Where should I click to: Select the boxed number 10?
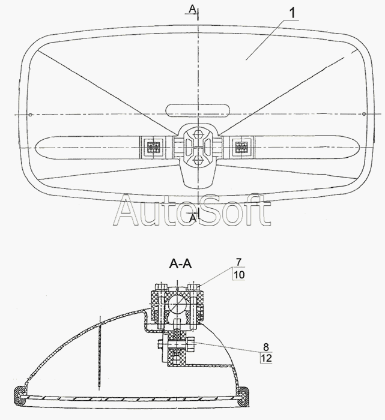[239, 274]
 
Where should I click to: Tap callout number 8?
[265, 346]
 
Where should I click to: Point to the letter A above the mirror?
[191, 8]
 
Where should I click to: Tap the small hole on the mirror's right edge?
[365, 115]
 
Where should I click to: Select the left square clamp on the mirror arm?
[153, 146]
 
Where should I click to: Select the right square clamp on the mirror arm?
[242, 146]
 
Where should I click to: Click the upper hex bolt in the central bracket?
[198, 131]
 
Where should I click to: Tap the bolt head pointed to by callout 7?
[193, 286]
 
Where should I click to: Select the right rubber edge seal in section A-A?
[246, 395]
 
